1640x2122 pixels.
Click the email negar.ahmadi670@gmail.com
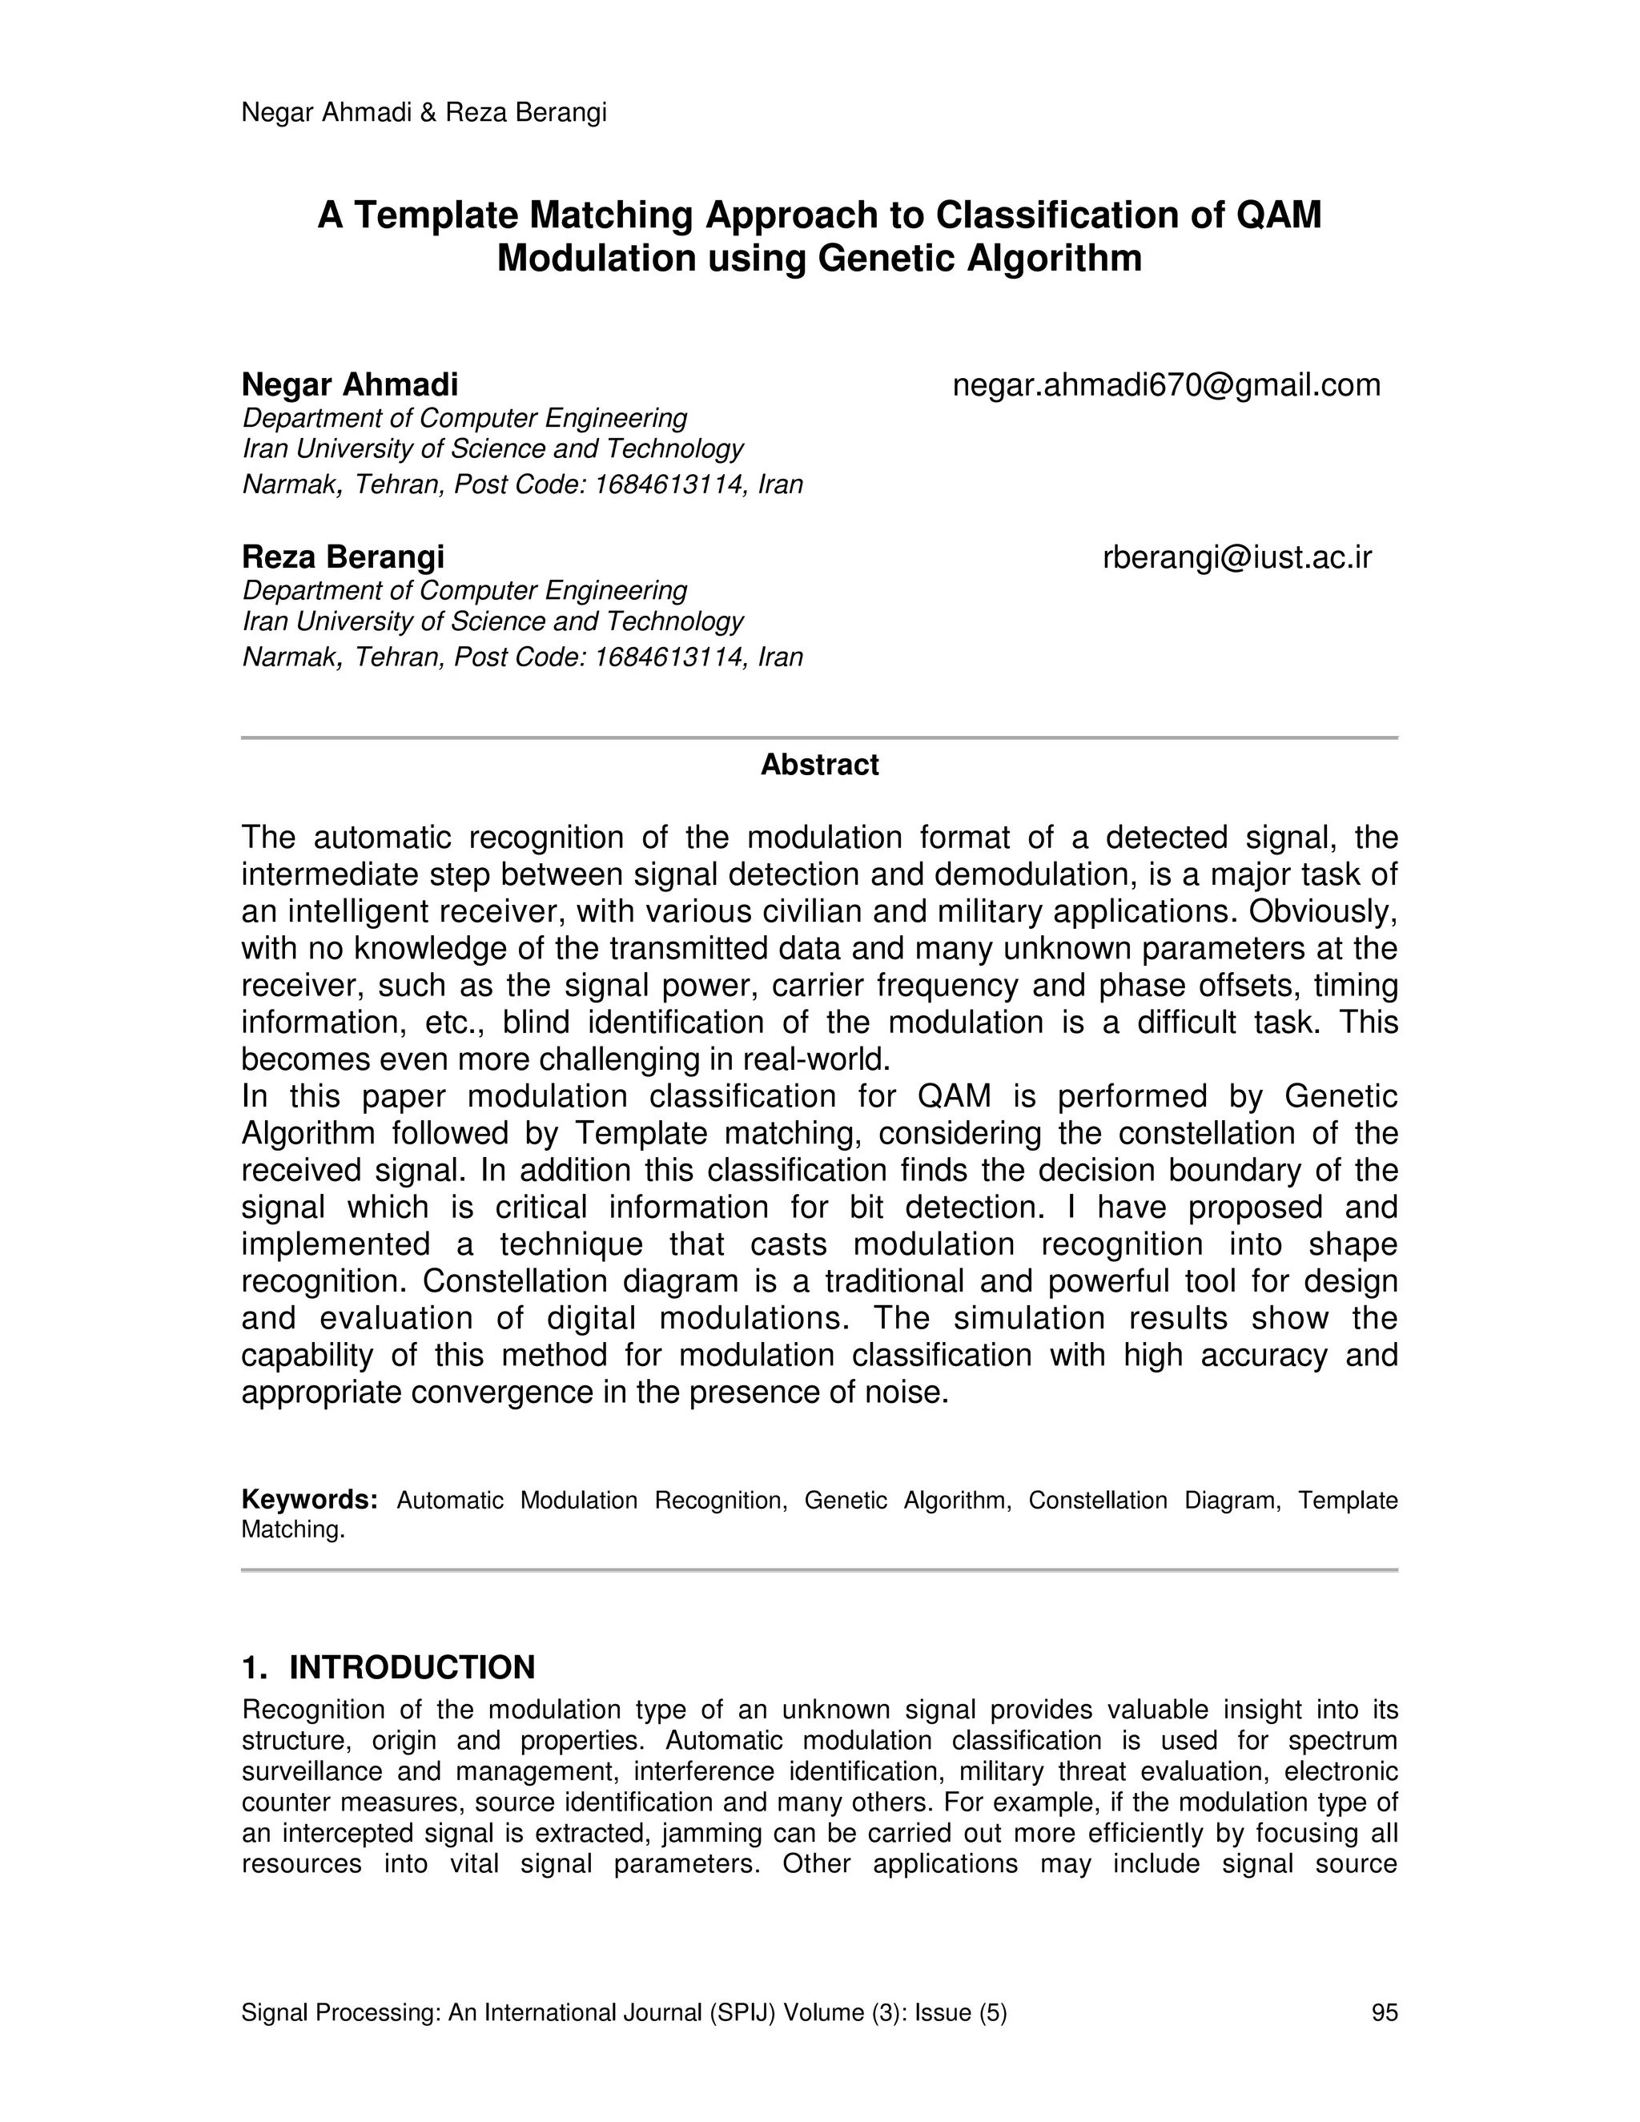pos(1166,386)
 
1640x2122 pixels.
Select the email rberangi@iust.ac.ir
pos(1236,557)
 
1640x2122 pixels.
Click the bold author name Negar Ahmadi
pos(350,386)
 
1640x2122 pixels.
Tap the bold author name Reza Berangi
pos(343,557)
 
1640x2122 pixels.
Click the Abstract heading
pos(819,765)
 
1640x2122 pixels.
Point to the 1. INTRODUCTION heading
pos(388,1667)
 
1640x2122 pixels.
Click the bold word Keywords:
pos(309,1500)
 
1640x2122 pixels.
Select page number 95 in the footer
pos(1384,2012)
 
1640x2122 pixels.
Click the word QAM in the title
pos(1279,215)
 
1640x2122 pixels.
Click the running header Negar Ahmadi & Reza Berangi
pos(424,113)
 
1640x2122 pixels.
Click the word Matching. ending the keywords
pos(292,1530)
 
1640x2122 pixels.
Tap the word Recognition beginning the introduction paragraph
pos(300,1710)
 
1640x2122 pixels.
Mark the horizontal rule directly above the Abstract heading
pos(819,738)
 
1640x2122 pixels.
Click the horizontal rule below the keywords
pos(819,1570)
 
